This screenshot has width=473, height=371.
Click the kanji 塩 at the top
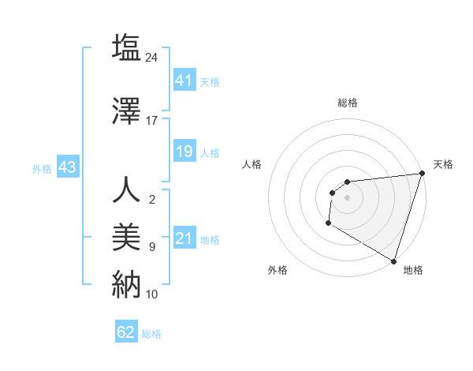(126, 47)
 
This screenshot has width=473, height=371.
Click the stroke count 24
(152, 57)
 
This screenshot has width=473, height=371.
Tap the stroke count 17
(152, 121)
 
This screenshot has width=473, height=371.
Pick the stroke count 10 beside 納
(152, 294)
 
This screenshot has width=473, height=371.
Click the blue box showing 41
(184, 80)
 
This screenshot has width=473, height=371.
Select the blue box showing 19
(184, 152)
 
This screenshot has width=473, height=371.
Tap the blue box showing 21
(184, 238)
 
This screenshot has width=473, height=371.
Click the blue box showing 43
(67, 167)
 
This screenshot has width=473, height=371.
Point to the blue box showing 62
(126, 332)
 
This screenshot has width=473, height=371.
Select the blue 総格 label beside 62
(151, 333)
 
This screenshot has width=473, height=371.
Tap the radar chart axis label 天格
(444, 164)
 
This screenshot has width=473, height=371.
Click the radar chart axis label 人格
(252, 164)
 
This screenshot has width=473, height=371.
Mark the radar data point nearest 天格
(422, 174)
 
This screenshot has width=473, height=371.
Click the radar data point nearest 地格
(393, 260)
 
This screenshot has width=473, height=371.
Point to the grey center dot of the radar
(347, 197)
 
